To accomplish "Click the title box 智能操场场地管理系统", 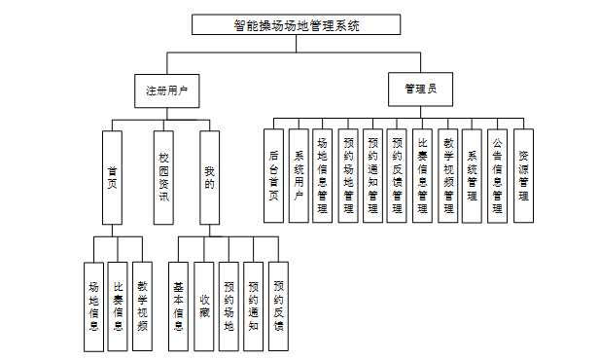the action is [296, 25].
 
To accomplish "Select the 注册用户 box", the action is [167, 90].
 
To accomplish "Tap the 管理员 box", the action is [421, 90].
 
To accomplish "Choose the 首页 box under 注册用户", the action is [113, 178].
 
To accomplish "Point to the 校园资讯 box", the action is [163, 178].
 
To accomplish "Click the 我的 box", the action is [210, 178].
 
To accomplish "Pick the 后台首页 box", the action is [273, 176].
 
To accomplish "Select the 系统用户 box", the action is [299, 176].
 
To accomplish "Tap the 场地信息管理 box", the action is [323, 176].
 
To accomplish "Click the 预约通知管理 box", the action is [372, 176].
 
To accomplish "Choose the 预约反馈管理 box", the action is [397, 176].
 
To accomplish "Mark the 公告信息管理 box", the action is [498, 176].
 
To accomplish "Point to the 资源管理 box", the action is [524, 176].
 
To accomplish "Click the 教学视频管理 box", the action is [447, 176].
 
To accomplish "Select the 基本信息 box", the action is [178, 306].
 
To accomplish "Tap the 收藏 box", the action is [203, 306].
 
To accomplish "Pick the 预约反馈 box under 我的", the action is [278, 306].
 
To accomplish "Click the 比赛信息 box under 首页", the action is [118, 306].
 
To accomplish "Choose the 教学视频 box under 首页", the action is [143, 306].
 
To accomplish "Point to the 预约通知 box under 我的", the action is [253, 306].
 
